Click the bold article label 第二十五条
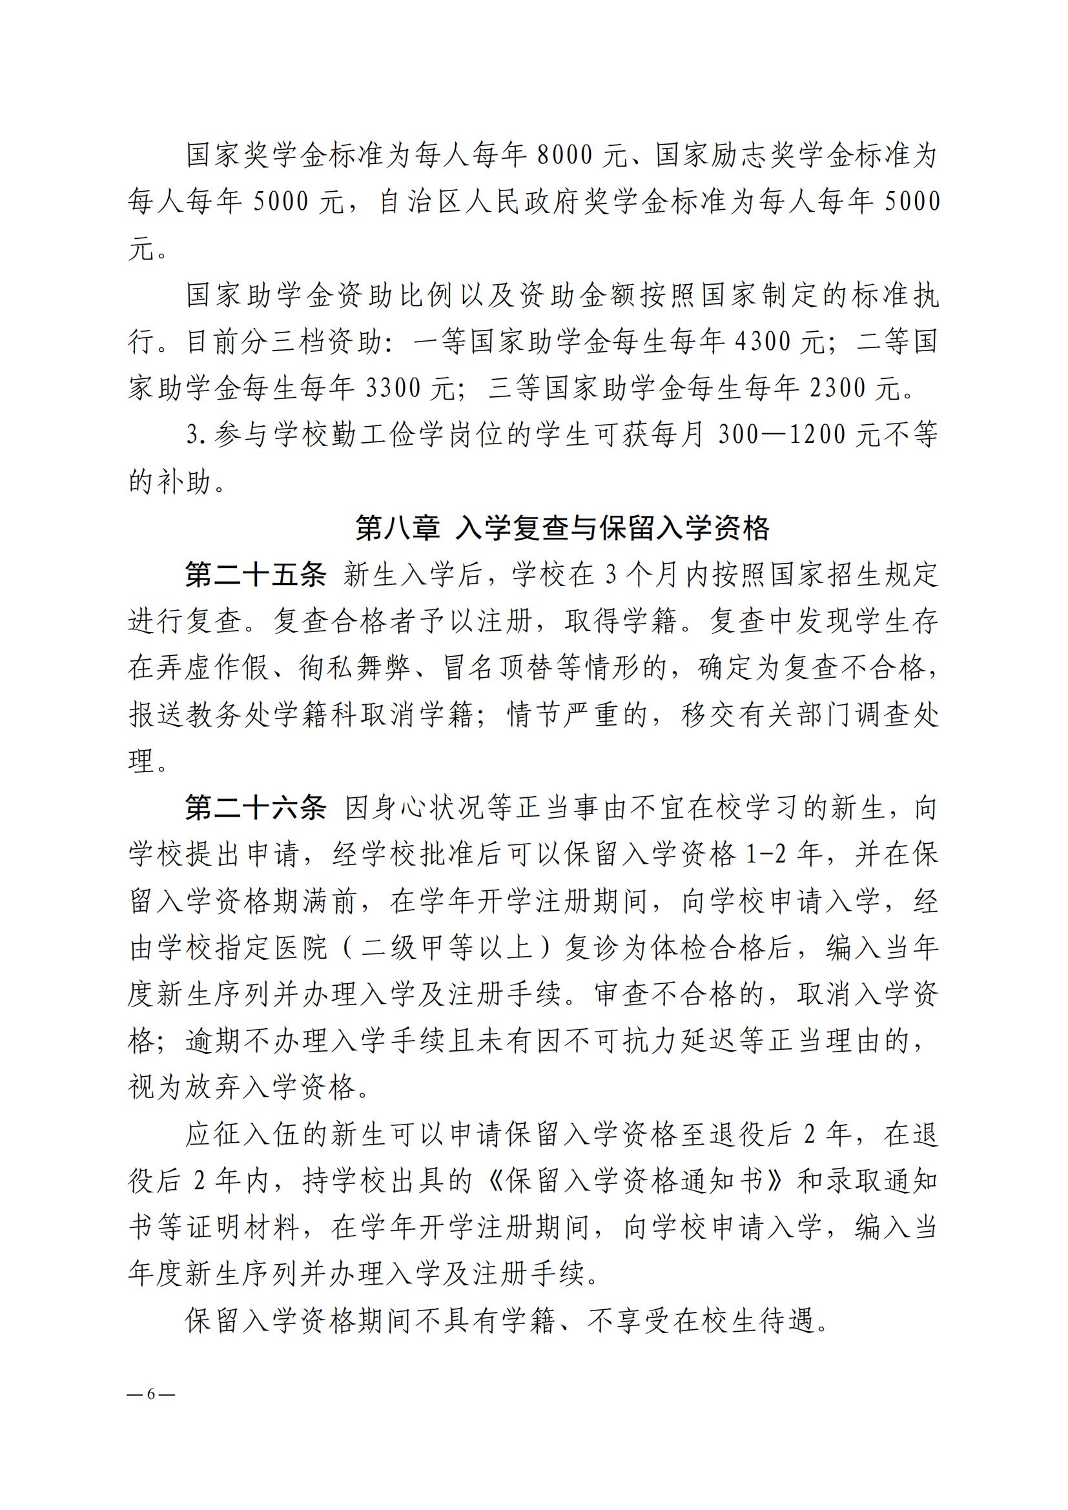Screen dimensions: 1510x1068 click(x=256, y=576)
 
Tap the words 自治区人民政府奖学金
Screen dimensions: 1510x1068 click(x=541, y=203)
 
